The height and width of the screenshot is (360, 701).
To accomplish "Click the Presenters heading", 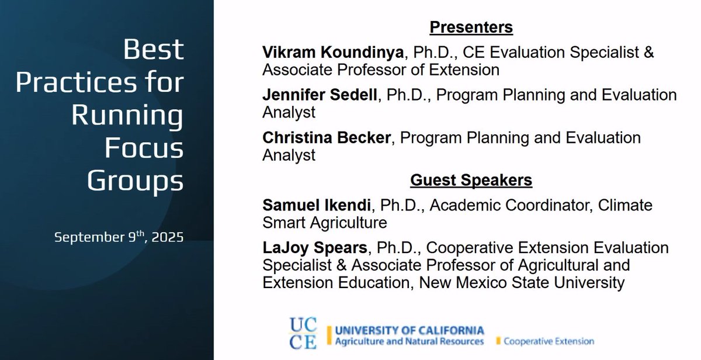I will pyautogui.click(x=471, y=27).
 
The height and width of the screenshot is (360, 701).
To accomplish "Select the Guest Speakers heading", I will pyautogui.click(x=471, y=181).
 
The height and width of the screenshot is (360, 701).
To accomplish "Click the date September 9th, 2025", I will pyautogui.click(x=119, y=238).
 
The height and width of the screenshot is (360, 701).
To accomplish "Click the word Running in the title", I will pyautogui.click(x=127, y=116).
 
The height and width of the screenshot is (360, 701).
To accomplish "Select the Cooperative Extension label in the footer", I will pyautogui.click(x=548, y=341).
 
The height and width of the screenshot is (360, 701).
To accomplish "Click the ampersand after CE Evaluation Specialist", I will pyautogui.click(x=648, y=53).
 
